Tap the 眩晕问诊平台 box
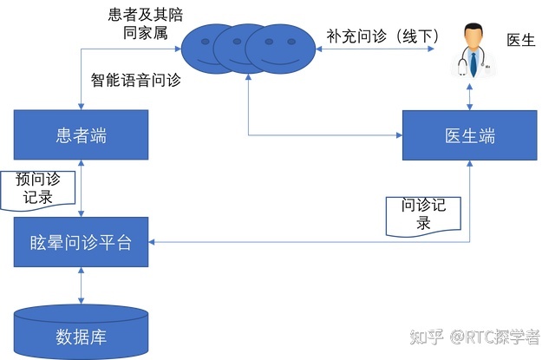(81, 242)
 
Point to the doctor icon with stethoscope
(471, 51)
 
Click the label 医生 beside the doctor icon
(520, 41)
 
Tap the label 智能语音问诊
(136, 81)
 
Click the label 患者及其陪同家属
(142, 25)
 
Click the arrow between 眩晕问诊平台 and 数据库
(81, 283)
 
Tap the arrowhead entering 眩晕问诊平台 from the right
(153, 242)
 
